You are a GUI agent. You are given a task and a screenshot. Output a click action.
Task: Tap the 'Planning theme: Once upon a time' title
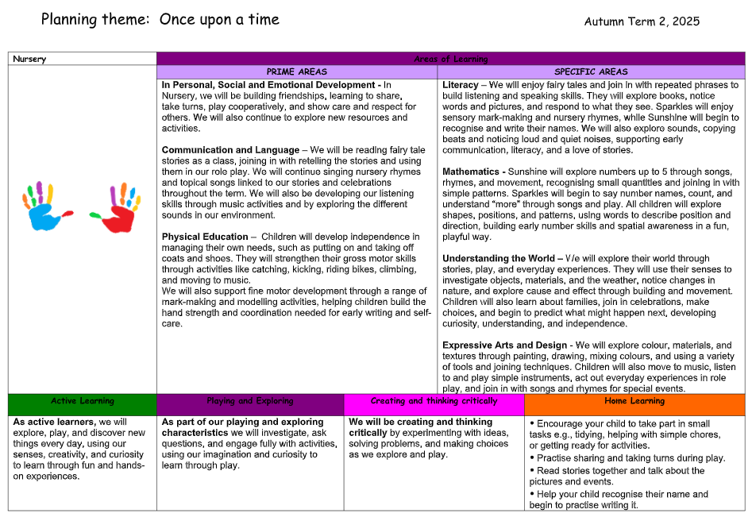160,19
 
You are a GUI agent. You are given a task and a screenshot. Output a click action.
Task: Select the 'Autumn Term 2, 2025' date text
642,21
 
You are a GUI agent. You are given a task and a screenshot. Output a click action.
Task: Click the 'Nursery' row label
29,59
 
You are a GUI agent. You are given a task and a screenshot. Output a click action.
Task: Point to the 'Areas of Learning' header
450,59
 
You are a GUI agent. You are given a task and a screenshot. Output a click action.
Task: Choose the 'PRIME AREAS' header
296,71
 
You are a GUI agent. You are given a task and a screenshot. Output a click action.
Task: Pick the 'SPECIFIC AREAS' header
591,71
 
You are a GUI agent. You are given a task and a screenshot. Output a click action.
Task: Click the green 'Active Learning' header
83,401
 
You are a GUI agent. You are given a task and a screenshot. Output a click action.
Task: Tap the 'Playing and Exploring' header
249,401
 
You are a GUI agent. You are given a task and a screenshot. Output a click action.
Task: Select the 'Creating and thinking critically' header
434,401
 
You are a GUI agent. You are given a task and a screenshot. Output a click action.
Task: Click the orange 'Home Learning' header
634,401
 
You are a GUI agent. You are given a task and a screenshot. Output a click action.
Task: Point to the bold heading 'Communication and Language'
229,150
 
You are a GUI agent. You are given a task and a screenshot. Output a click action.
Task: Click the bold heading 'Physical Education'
205,237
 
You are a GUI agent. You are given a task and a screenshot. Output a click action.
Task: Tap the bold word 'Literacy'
461,85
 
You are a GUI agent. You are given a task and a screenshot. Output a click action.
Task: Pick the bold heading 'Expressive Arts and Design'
504,345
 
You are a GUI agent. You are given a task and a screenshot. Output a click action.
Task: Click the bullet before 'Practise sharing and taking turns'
532,458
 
